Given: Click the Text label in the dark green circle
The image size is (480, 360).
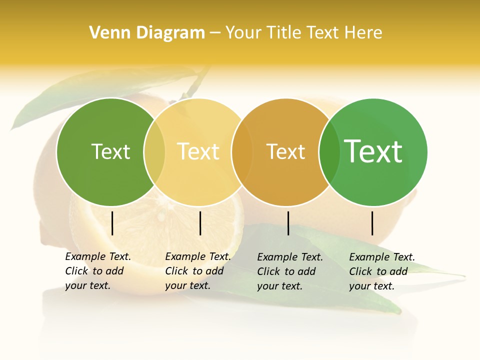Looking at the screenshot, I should [110, 151].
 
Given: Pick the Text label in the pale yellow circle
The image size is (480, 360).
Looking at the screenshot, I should [198, 151].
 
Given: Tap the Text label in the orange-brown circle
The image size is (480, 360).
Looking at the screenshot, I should [285, 151].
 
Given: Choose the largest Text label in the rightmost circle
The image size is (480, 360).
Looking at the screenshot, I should [373, 151].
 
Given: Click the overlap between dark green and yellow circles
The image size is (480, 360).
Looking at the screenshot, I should [154, 152].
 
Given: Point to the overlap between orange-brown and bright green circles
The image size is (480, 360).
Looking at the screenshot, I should [329, 152].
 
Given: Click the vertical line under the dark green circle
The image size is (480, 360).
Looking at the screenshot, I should [112, 223].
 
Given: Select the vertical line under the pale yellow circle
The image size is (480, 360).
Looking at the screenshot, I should [200, 223].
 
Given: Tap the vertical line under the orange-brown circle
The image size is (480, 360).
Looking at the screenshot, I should [288, 223].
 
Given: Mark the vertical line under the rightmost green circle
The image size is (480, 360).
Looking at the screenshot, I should [372, 223].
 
